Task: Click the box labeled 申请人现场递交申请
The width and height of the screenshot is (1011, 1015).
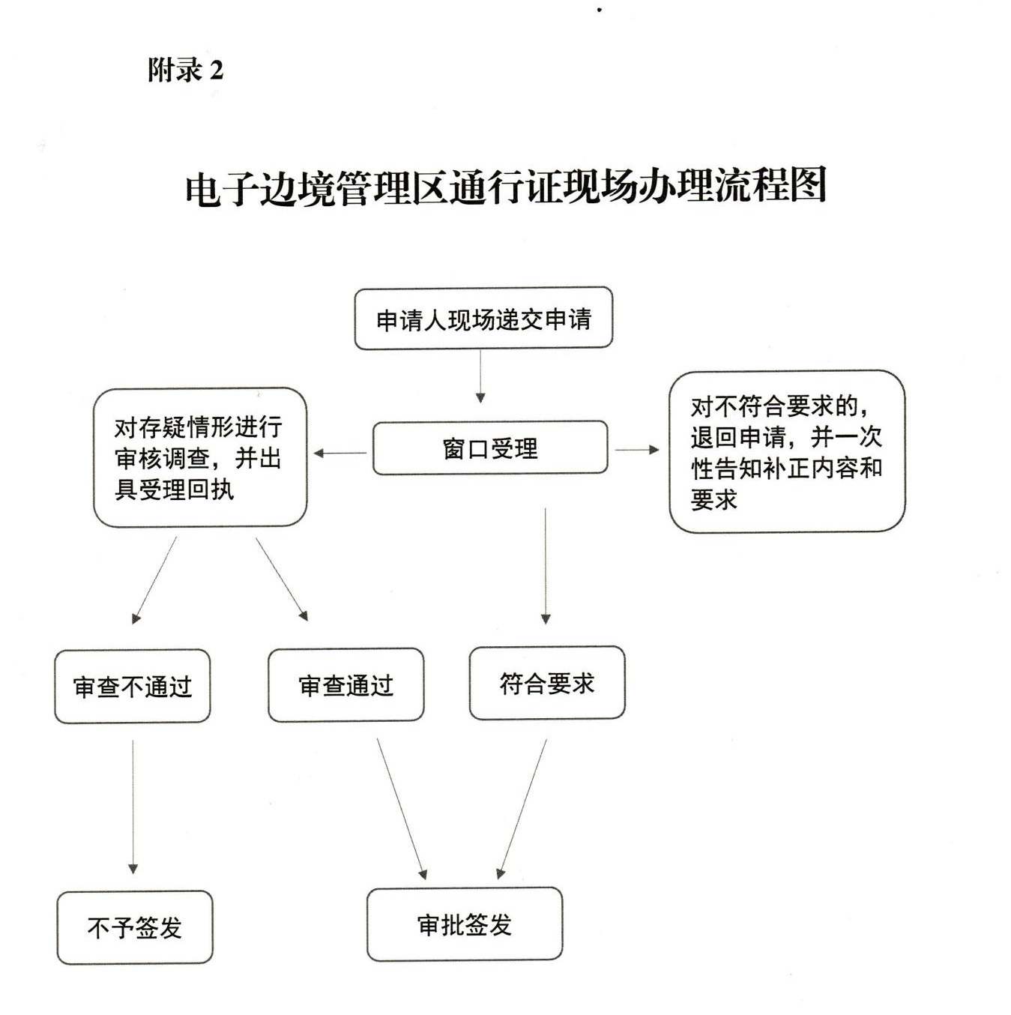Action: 483,319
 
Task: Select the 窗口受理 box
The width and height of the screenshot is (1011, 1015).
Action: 490,448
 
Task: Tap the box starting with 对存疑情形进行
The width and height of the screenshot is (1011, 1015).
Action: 199,457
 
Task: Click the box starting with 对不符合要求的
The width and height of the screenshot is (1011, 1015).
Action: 787,451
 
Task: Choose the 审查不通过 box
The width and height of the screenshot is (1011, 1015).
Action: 133,686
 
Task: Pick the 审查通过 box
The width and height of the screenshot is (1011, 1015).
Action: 346,684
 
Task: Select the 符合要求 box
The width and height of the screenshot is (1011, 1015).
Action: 547,683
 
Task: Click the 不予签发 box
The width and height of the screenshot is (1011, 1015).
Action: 135,927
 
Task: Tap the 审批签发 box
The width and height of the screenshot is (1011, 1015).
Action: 465,924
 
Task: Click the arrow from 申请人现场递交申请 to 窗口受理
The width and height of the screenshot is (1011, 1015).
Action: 480,376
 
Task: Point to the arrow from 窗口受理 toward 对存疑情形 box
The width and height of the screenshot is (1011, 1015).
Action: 340,453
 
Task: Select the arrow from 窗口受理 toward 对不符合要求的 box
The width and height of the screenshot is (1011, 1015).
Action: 637,450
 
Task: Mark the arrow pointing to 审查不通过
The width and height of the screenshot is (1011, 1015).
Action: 156,579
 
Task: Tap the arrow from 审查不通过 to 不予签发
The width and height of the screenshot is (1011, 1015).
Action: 133,807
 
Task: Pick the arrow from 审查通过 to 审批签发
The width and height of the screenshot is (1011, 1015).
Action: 401,808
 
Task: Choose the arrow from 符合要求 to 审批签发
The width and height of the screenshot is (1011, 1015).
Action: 523,808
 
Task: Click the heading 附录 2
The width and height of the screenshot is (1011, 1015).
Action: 185,70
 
